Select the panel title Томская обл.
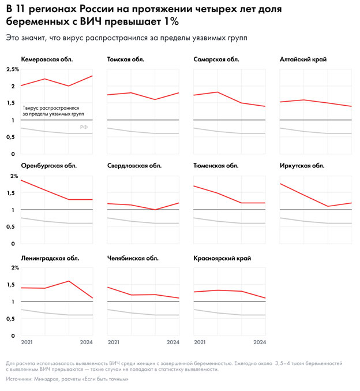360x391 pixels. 126,59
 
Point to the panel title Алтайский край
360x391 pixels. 301,59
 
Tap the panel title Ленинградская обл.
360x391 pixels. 50,258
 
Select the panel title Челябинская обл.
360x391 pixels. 133,258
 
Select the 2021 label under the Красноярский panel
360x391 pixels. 200,342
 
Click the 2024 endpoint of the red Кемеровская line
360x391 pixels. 92,76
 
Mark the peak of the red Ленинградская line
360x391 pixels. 69,281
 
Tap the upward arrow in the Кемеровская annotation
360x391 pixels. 24,108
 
